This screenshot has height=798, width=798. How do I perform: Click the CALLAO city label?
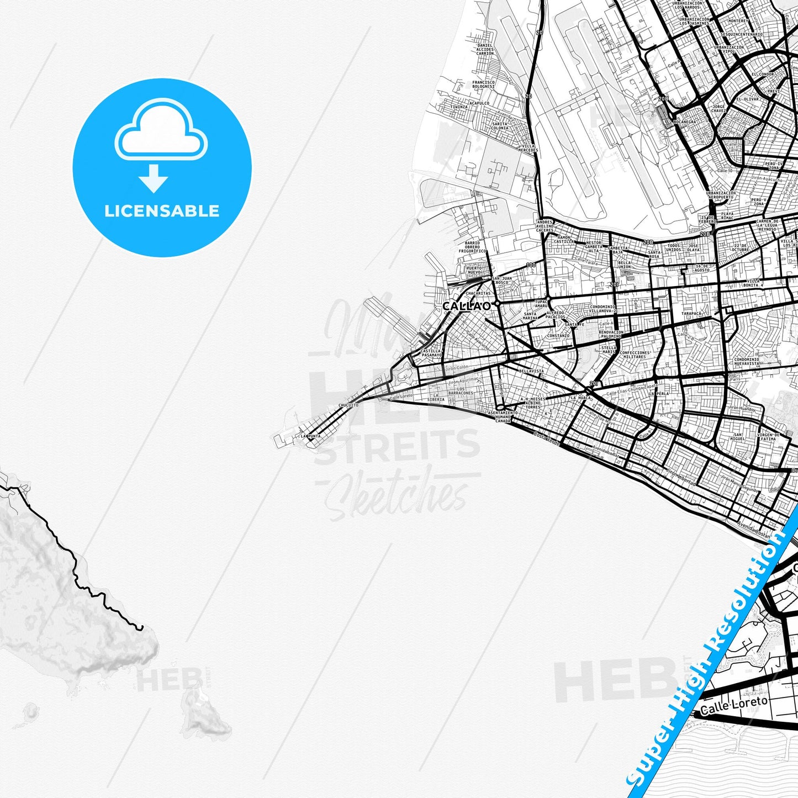coord(466,305)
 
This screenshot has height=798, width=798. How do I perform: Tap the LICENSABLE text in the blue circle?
coord(162,211)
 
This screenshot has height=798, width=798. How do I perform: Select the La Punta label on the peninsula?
coord(310,436)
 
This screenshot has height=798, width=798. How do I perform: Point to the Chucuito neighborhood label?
coord(348,405)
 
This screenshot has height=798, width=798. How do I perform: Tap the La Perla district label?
coord(659,394)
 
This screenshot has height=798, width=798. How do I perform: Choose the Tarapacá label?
coord(691,313)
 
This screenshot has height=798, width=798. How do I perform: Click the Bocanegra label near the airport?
coord(685,121)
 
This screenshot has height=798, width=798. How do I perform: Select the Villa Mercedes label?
coord(529,148)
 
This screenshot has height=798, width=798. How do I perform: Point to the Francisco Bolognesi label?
coord(483,84)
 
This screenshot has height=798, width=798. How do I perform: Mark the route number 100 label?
coord(531,265)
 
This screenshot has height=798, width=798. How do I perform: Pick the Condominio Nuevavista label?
coord(747,361)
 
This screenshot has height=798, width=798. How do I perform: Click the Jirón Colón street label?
coord(456,367)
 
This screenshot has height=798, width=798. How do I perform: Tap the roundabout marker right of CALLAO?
coord(497,303)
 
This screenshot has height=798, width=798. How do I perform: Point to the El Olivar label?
coord(747,99)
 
